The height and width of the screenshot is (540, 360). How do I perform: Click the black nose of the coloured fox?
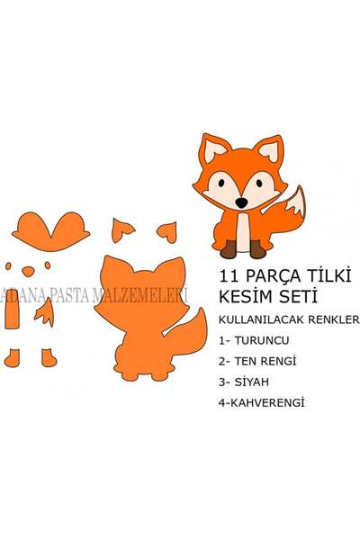point(241,202)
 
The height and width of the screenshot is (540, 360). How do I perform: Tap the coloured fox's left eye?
point(221,183)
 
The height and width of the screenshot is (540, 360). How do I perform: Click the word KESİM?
point(246,296)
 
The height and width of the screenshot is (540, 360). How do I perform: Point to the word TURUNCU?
point(262,340)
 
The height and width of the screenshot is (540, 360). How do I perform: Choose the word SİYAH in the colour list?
point(251,382)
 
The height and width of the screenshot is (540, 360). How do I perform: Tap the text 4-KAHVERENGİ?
point(262,403)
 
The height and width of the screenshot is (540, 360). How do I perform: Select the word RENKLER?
point(334,319)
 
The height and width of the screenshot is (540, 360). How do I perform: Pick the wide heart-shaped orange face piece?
point(51,231)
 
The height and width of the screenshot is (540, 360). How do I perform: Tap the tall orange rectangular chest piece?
point(12,311)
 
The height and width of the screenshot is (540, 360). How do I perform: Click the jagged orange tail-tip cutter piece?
point(45,312)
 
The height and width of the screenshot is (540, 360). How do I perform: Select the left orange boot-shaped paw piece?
point(12,358)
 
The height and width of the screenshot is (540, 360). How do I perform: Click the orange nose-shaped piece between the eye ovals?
point(28,272)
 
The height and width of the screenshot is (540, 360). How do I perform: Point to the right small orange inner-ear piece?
point(167,232)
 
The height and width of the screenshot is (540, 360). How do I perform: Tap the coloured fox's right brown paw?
point(257,249)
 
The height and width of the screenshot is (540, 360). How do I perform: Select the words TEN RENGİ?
point(265,361)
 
